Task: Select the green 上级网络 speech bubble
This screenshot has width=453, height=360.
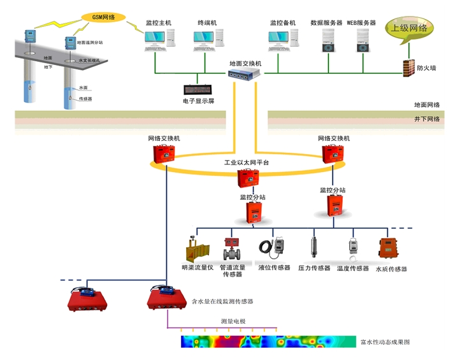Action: pyautogui.click(x=408, y=29)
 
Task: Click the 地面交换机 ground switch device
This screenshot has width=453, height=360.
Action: pyautogui.click(x=245, y=75)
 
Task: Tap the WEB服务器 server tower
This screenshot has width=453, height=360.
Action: pyautogui.click(x=361, y=41)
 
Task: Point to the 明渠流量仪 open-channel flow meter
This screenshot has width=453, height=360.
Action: pyautogui.click(x=196, y=248)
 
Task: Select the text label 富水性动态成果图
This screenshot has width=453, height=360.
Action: pyautogui.click(x=385, y=342)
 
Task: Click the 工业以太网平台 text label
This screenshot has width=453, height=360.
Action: pyautogui.click(x=247, y=163)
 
